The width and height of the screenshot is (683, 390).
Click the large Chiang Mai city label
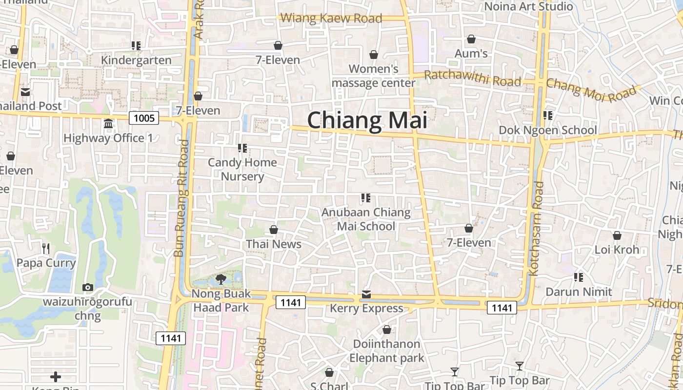tap(367, 120)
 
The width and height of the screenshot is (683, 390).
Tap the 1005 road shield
tap(144, 118)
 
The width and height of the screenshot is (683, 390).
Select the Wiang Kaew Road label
tap(331, 19)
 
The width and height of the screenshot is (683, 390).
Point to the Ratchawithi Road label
tap(472, 78)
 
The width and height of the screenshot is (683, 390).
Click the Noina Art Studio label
tap(528, 6)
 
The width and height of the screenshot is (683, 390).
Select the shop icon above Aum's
tap(471, 39)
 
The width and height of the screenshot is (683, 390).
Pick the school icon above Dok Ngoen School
tap(548, 116)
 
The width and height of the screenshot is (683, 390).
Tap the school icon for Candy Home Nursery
tap(242, 148)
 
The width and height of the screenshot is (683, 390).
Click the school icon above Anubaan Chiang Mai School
tap(365, 198)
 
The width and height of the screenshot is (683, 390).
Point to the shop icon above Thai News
tap(274, 230)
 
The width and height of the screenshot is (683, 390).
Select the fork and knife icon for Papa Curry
tap(46, 249)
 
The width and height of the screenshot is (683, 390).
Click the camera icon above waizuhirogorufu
tap(88, 288)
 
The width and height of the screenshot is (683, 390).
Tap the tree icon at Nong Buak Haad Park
tap(221, 279)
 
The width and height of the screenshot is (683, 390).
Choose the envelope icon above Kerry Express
tap(366, 294)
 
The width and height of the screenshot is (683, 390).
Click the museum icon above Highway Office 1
tap(108, 124)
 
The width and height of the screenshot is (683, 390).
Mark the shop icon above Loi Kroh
tap(617, 236)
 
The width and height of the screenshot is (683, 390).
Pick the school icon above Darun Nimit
tap(579, 277)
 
